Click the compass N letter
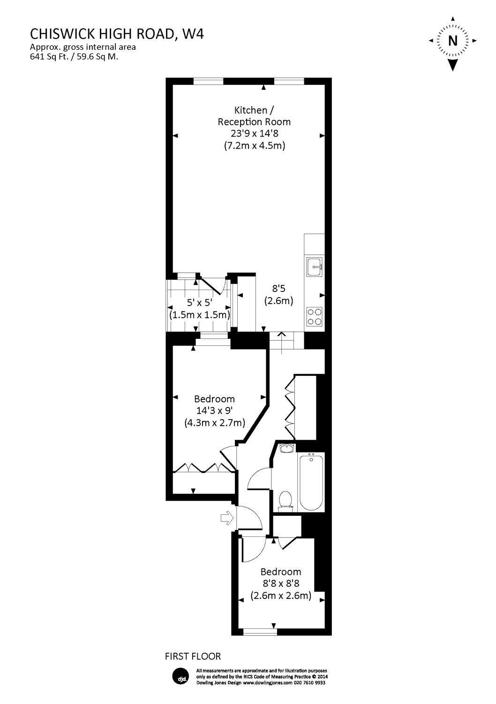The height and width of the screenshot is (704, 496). coord(452,41)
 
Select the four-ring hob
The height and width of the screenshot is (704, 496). coord(314,316)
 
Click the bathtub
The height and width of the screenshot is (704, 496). coord(311,482)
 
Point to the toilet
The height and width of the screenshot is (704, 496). coord(285,500)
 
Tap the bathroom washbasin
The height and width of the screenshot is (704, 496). coord(285,448)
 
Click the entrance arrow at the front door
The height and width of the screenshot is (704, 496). coord(226,518)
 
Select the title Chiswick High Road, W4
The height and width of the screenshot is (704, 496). coord(117,34)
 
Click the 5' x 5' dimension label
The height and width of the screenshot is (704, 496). coord(199,303)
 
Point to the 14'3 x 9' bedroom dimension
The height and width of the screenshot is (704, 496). coord(214,411)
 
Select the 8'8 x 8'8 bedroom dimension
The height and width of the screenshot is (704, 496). coord(280,584)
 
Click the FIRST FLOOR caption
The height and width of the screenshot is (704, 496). coord(193,656)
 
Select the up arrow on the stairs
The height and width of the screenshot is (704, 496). coord(282,334)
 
